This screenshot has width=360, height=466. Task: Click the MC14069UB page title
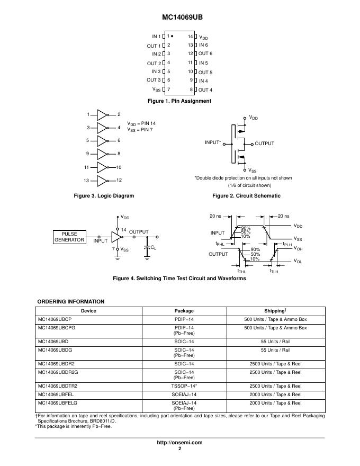click(179, 17)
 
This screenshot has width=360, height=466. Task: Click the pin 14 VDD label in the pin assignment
click(203, 37)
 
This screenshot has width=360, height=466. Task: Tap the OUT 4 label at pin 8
click(205, 90)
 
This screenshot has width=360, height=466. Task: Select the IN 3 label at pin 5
click(156, 71)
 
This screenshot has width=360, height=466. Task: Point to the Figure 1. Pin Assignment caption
click(179, 101)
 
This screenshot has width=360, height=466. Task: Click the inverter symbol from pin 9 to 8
click(103, 154)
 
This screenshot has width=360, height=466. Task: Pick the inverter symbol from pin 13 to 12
click(103, 181)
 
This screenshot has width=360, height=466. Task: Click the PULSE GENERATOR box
click(69, 237)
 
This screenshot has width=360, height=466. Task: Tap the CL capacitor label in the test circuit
click(153, 247)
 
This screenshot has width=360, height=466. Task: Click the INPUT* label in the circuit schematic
click(213, 143)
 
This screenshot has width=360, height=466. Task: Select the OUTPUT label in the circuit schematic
click(264, 143)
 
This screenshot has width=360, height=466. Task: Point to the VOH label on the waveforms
click(298, 248)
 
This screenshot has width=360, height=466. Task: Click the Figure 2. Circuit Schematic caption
click(246, 196)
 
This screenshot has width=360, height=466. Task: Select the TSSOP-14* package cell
click(184, 386)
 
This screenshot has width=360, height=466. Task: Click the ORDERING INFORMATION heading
click(70, 302)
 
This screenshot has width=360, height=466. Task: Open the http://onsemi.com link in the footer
click(179, 442)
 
